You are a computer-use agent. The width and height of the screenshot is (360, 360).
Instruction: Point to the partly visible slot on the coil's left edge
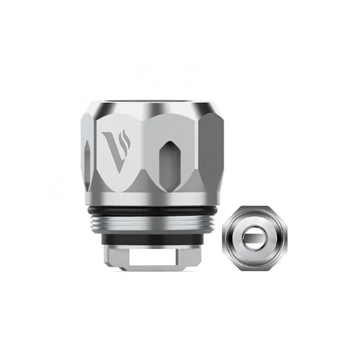tap(88, 161)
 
